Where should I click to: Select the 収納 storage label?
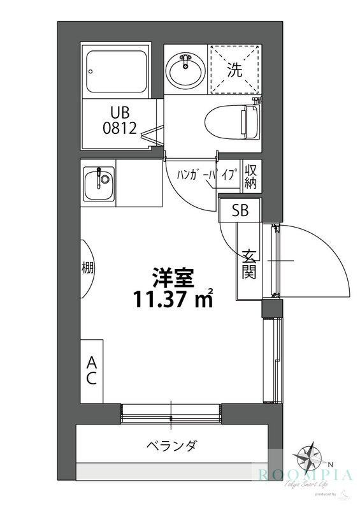(x=250, y=175)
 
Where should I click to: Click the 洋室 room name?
(x=171, y=277)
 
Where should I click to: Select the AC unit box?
(x=91, y=370)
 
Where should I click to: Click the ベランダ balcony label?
(x=171, y=445)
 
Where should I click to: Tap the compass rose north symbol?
(x=313, y=458)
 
